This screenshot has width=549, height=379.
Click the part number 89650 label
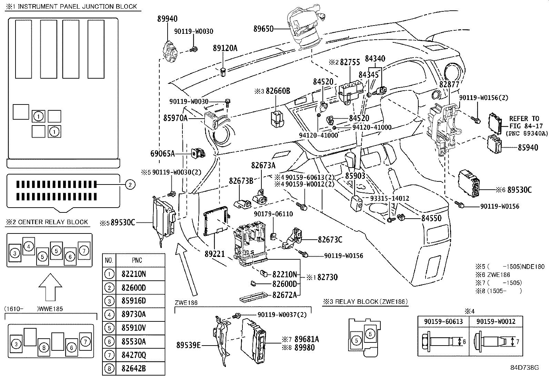point(263,29)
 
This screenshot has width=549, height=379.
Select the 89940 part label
point(167,19)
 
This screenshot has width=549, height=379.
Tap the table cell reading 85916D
point(133,301)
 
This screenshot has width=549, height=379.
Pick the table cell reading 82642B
point(133,369)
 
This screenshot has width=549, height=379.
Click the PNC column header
point(137,260)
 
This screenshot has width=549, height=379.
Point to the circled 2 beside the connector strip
point(130,185)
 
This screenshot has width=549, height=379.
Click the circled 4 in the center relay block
point(29,246)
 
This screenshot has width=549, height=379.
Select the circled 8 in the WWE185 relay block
point(44,347)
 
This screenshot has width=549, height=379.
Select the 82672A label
point(284,295)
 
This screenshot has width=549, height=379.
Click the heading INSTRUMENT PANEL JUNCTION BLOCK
point(77,6)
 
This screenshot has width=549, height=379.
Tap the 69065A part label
point(162,153)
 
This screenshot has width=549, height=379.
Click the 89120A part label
point(225,48)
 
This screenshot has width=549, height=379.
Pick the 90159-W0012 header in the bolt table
point(496,321)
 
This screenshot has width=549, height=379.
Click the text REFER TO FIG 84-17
point(524,122)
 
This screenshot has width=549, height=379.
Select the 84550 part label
point(431,218)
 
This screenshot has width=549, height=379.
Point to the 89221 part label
point(214,254)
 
